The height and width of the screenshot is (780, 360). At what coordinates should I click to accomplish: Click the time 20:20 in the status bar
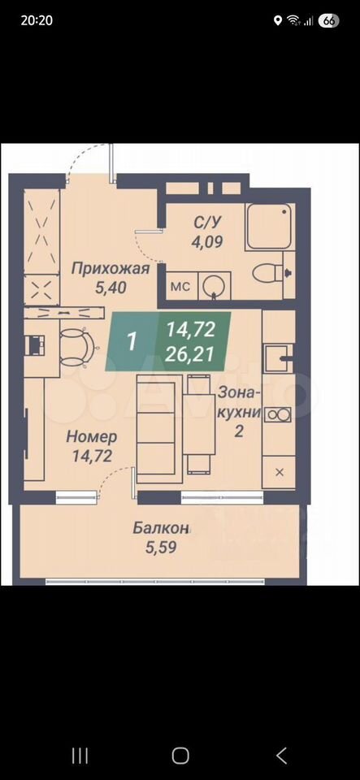(x=37, y=20)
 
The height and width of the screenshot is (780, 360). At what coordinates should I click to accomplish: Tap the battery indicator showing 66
(x=328, y=20)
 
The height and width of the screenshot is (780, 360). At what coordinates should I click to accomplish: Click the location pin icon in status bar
(x=277, y=20)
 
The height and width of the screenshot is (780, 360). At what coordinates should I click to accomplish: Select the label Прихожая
(x=110, y=269)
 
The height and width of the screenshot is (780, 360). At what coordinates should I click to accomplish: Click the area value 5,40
(x=110, y=288)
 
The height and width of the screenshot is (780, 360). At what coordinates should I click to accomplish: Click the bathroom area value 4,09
(x=207, y=242)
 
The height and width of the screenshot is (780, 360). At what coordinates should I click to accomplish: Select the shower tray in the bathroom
(x=269, y=227)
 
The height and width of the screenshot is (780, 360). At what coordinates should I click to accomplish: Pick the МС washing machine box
(x=180, y=287)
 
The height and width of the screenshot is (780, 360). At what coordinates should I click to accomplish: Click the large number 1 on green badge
(x=132, y=342)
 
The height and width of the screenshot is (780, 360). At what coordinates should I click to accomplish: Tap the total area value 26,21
(x=190, y=354)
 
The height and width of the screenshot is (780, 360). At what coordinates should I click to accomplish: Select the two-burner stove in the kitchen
(x=279, y=414)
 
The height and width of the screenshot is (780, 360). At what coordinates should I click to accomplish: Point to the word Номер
(x=92, y=437)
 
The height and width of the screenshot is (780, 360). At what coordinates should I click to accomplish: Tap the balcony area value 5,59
(x=162, y=548)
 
